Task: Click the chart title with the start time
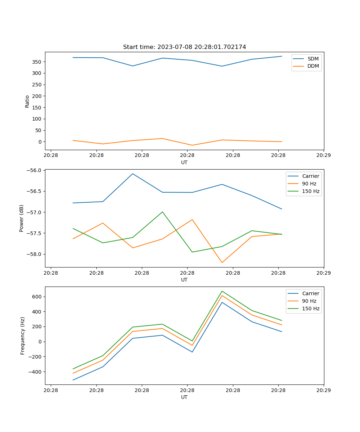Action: [184, 47]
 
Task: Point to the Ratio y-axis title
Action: [27, 101]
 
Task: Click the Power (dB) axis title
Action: [22, 218]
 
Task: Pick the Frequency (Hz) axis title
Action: [23, 336]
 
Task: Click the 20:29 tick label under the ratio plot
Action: [324, 156]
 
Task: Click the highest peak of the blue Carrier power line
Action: [132, 174]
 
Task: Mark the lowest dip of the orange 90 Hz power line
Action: [222, 262]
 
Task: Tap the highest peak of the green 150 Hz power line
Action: [162, 212]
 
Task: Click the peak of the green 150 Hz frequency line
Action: [222, 291]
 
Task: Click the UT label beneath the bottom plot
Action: [184, 397]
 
